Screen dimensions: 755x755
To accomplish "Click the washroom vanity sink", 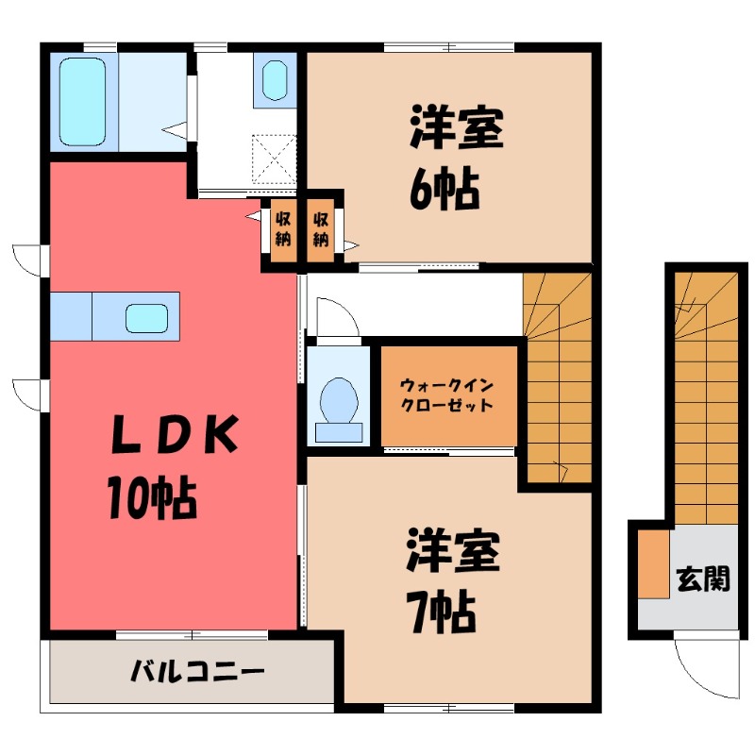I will pyautogui.click(x=275, y=80).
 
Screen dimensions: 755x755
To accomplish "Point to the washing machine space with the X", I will pyautogui.click(x=275, y=157).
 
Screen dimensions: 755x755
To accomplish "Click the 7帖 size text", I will pyautogui.click(x=441, y=615).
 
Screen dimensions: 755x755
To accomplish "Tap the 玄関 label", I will pyautogui.click(x=702, y=578).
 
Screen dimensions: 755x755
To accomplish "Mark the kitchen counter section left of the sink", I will pyautogui.click(x=71, y=315).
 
